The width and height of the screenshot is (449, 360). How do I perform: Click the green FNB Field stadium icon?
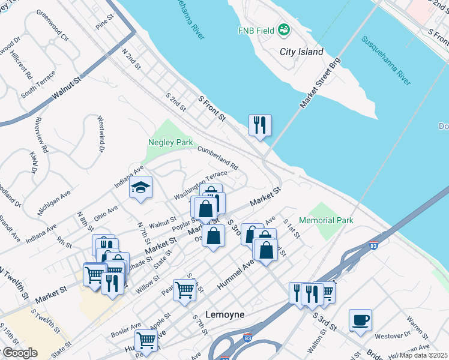pos(284,30)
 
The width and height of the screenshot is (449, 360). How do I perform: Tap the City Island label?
pos(301,52)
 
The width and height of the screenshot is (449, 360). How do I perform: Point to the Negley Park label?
pos(170,143)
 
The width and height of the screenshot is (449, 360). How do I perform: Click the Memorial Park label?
pos(326,220)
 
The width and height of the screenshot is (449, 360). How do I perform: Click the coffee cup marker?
pos(360,320)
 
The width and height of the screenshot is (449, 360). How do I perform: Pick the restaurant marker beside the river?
pos(260,125)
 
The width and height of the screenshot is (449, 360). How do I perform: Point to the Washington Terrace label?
pos(200,186)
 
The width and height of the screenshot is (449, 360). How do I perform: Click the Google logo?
pos(20,353)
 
